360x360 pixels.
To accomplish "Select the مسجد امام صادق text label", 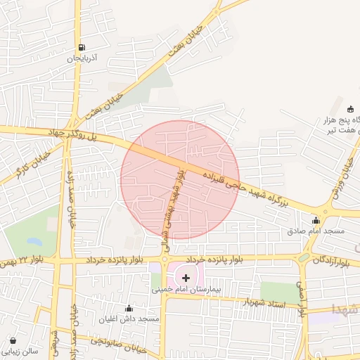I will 316,231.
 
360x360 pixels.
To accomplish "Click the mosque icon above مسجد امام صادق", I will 315,220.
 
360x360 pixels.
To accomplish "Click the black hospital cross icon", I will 186,278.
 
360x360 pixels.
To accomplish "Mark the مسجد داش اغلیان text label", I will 129,319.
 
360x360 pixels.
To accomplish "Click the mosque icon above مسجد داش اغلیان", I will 129,308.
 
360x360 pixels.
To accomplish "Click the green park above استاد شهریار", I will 279,290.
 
